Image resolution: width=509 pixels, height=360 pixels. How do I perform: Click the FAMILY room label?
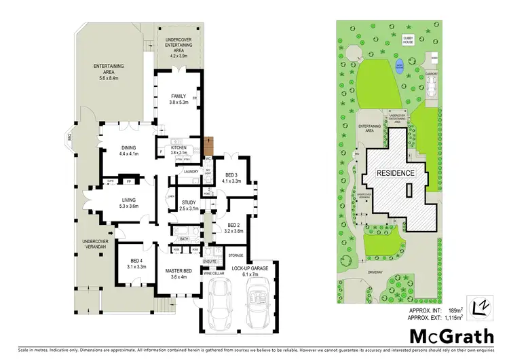pos(178,96)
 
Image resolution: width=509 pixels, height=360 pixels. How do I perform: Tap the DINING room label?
pos(128,147)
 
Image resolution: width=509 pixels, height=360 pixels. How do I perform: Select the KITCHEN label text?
pos(178,147)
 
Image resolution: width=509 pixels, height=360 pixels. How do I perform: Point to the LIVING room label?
pos(128,200)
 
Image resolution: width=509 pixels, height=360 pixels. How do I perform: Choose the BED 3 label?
pos(231,175)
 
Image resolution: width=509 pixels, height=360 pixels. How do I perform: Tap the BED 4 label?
pos(137,262)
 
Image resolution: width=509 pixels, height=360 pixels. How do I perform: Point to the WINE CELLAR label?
pos(214,273)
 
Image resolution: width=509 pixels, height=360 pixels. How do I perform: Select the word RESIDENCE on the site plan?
pos(396,173)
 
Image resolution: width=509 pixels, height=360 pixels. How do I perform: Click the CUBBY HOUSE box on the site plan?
pos(409,40)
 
